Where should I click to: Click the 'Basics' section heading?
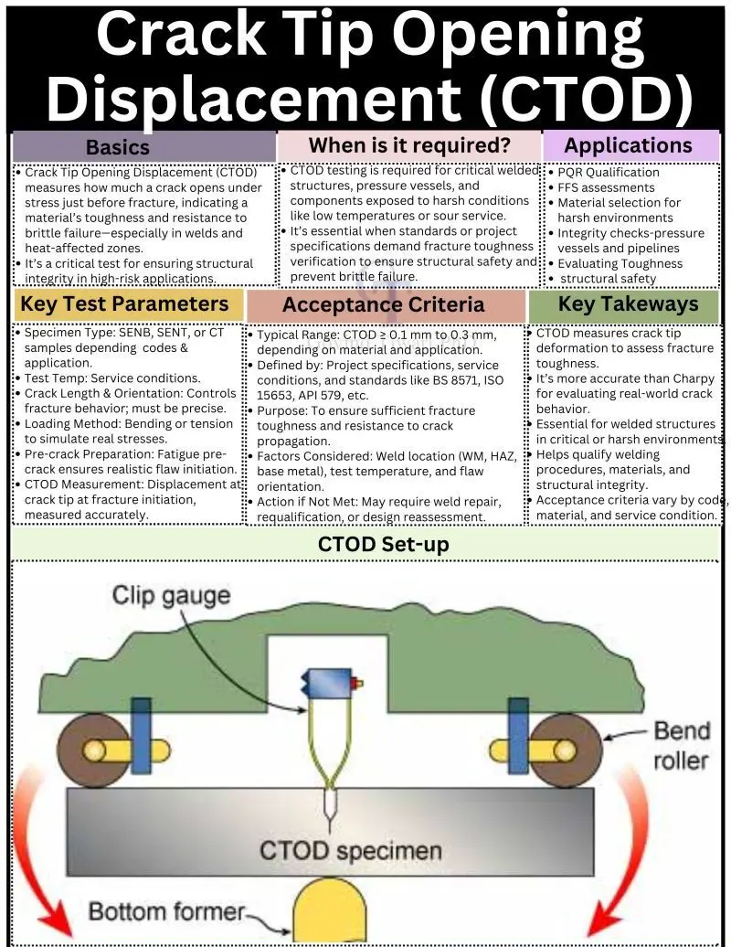pos(117,147)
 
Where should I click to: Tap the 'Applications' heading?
pos(628,145)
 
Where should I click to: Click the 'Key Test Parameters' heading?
pos(124,304)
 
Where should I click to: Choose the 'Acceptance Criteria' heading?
pos(383,305)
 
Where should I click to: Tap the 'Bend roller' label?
pos(682,744)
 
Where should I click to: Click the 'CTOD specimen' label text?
pos(351,850)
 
